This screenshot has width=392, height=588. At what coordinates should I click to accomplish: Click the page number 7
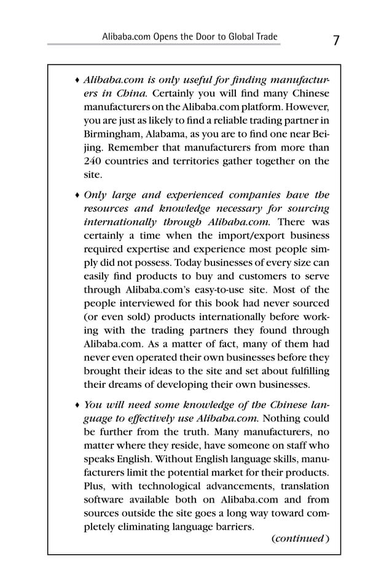pos(336,41)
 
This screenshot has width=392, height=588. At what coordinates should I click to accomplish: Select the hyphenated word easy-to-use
pos(225,290)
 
